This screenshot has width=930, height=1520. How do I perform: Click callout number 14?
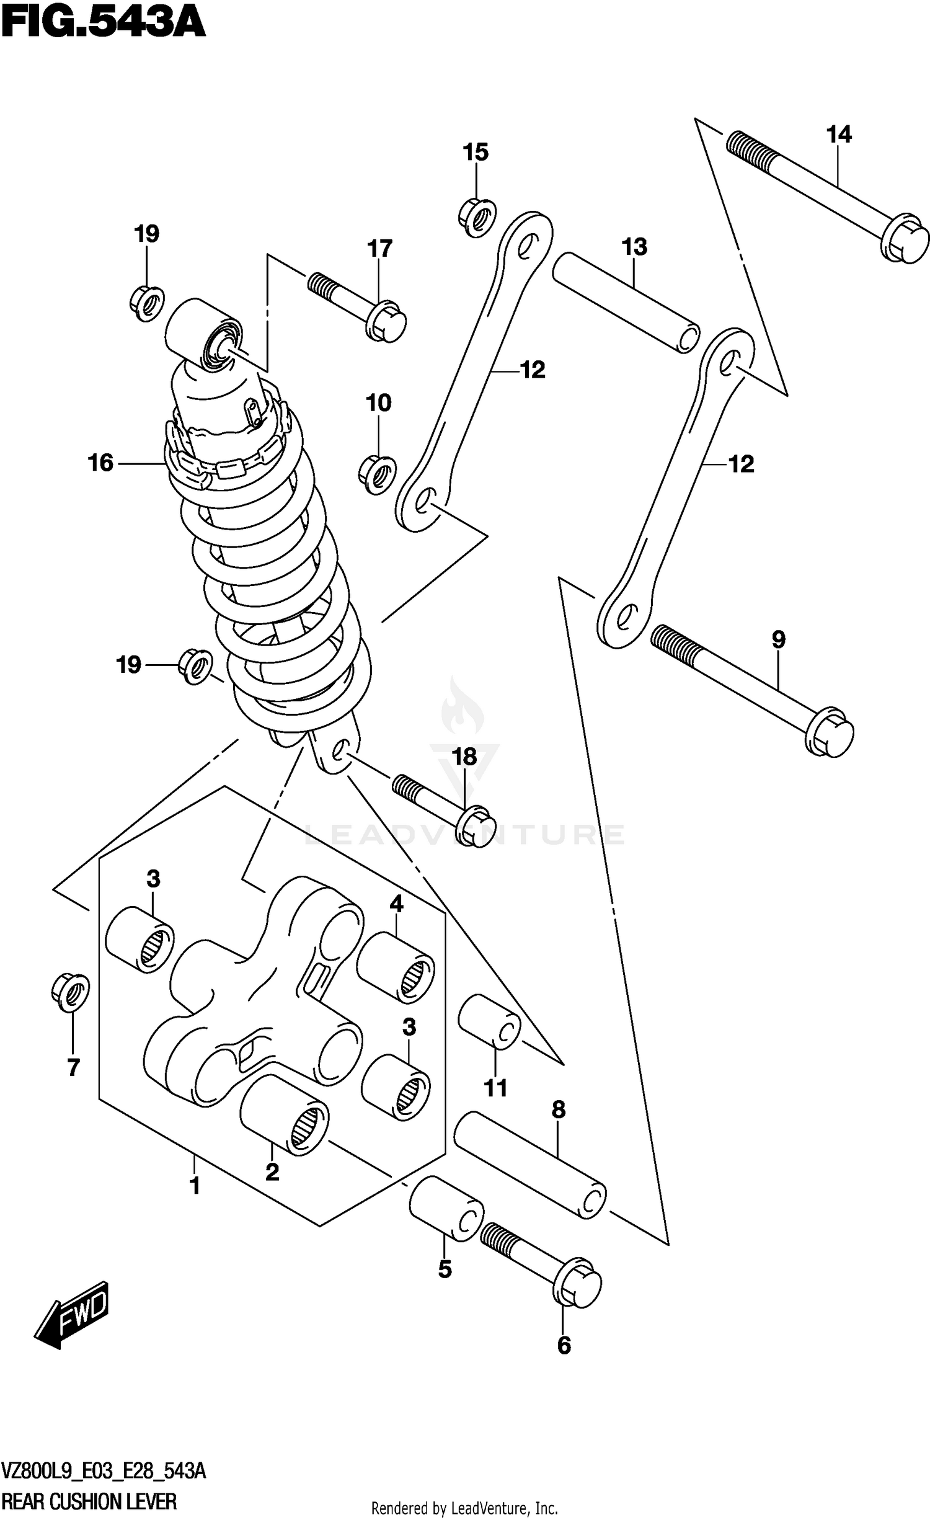point(838,134)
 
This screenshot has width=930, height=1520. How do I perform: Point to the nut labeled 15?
point(477,217)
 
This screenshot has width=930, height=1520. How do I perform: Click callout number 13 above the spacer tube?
point(634,247)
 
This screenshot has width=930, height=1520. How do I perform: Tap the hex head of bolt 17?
point(386,321)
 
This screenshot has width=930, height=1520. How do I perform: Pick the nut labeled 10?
point(378,475)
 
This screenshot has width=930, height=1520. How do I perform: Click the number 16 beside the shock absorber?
point(100,463)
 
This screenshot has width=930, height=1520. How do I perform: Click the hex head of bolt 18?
point(476,826)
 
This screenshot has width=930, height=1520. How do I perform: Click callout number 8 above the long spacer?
point(558,1109)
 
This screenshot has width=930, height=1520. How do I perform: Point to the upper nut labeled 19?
point(147,303)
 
